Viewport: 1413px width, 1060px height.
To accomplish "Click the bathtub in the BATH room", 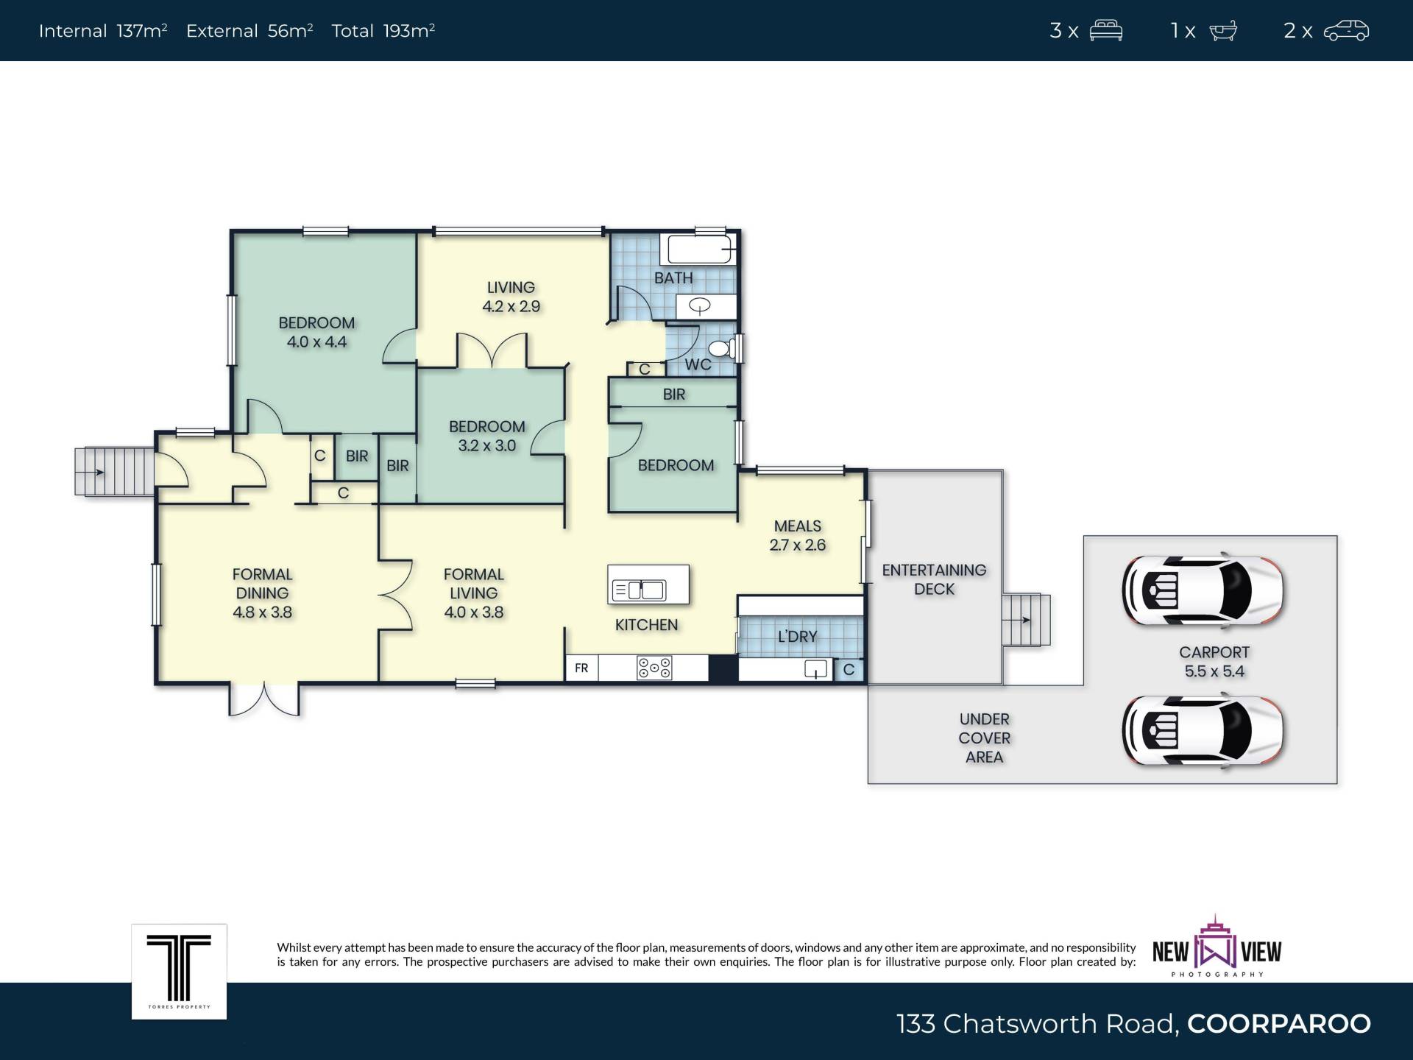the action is (700, 250).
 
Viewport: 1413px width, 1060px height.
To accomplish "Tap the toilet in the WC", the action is (722, 348).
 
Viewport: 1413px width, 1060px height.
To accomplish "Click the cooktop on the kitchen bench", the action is (654, 668).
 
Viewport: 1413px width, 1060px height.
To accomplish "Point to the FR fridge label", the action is (581, 668).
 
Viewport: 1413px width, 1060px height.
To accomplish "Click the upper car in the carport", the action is (1203, 590).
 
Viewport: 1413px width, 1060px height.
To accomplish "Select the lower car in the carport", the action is (1203, 731).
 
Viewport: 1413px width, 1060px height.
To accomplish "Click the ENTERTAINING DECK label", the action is (934, 579).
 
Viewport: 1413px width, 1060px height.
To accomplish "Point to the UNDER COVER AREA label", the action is (985, 738).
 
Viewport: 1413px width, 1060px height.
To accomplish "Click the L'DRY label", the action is (798, 636).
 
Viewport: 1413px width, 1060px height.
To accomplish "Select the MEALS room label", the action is (798, 526).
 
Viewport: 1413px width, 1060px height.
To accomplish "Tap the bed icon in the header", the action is (1106, 30).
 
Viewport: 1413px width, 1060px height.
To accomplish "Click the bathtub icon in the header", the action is (1223, 31).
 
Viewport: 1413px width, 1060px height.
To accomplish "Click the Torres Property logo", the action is (179, 972).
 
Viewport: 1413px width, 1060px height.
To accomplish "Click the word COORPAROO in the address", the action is (1279, 1024).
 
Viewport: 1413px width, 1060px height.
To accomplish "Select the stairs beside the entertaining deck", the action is (1026, 620).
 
